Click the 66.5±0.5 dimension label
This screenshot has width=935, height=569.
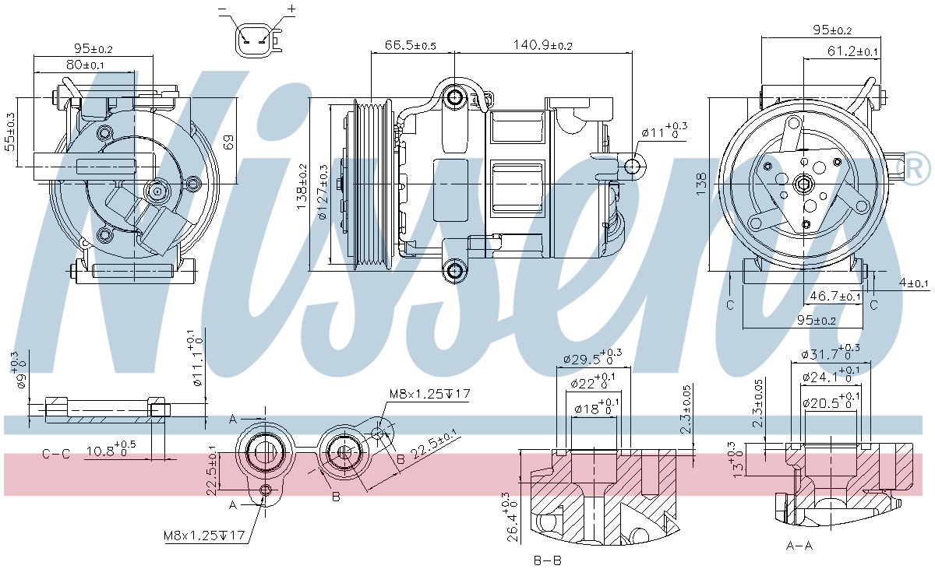click(410, 46)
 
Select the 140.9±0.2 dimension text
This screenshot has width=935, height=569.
click(542, 46)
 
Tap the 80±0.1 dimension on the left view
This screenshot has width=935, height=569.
click(86, 65)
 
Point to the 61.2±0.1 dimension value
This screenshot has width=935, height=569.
click(852, 51)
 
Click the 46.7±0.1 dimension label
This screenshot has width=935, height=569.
click(835, 297)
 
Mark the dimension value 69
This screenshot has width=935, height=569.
click(229, 142)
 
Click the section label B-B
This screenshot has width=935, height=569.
click(547, 559)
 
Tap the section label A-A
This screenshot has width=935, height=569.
click(799, 545)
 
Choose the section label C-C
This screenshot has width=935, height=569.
click(56, 454)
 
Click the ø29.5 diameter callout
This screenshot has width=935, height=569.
click(592, 359)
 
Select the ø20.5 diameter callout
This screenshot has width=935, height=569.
click(830, 402)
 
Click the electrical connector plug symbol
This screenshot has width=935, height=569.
click(256, 37)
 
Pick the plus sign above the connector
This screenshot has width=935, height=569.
click(291, 9)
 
